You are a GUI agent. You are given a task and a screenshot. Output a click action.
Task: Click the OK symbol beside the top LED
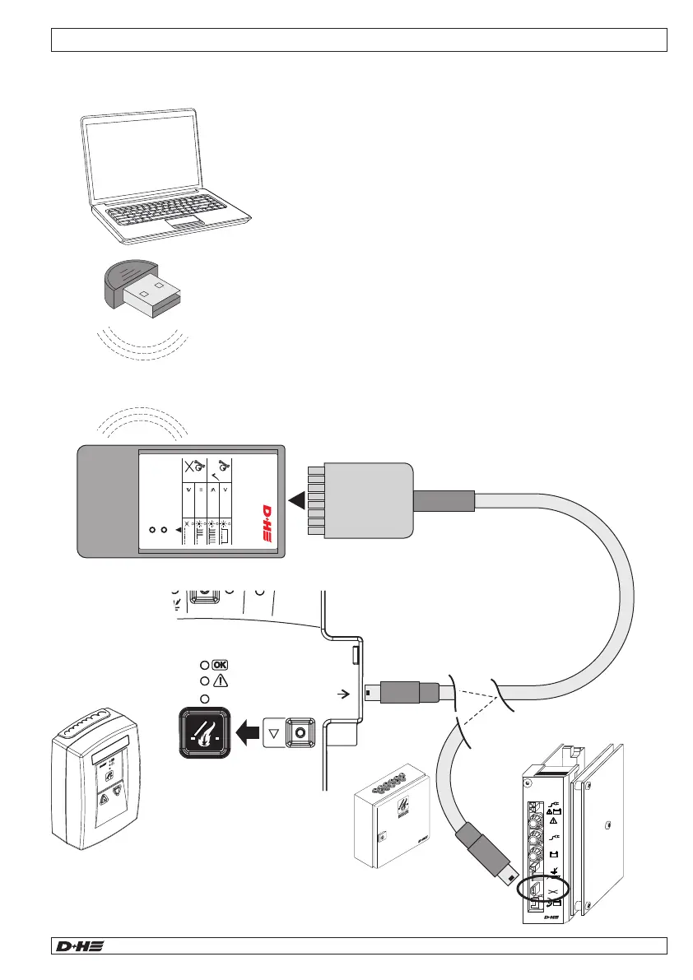[x=221, y=664]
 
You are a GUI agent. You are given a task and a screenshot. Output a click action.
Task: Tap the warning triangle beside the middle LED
[x=220, y=681]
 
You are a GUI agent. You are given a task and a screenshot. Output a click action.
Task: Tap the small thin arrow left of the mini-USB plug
[x=345, y=693]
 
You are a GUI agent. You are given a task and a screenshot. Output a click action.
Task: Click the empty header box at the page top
[x=358, y=39]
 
